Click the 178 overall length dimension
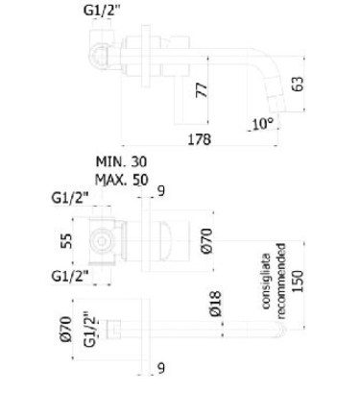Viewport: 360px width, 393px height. [199, 139]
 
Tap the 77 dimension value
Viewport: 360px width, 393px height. [202, 90]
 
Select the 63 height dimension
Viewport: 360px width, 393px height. [298, 85]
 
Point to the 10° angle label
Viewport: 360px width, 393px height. [263, 124]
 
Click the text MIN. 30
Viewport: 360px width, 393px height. [121, 161]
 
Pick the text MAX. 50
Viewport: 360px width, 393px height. [122, 180]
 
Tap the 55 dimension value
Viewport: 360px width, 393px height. [66, 241]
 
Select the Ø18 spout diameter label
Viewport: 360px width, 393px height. [216, 304]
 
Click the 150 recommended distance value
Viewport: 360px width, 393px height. [298, 281]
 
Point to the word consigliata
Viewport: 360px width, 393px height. [266, 282]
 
